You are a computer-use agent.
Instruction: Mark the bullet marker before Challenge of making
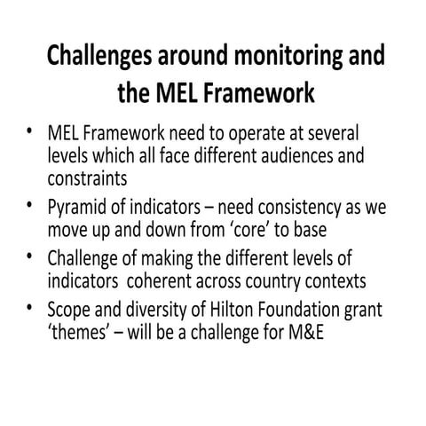pos(31,257)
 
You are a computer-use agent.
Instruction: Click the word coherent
pos(191,282)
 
